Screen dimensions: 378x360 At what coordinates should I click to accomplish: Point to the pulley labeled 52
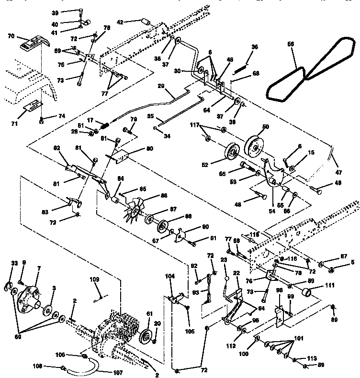pos(233,155)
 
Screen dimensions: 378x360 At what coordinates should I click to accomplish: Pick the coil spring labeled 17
pos(105,126)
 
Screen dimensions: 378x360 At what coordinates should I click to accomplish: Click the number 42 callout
pos(120,22)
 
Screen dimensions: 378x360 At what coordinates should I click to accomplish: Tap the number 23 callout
pos(224,260)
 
